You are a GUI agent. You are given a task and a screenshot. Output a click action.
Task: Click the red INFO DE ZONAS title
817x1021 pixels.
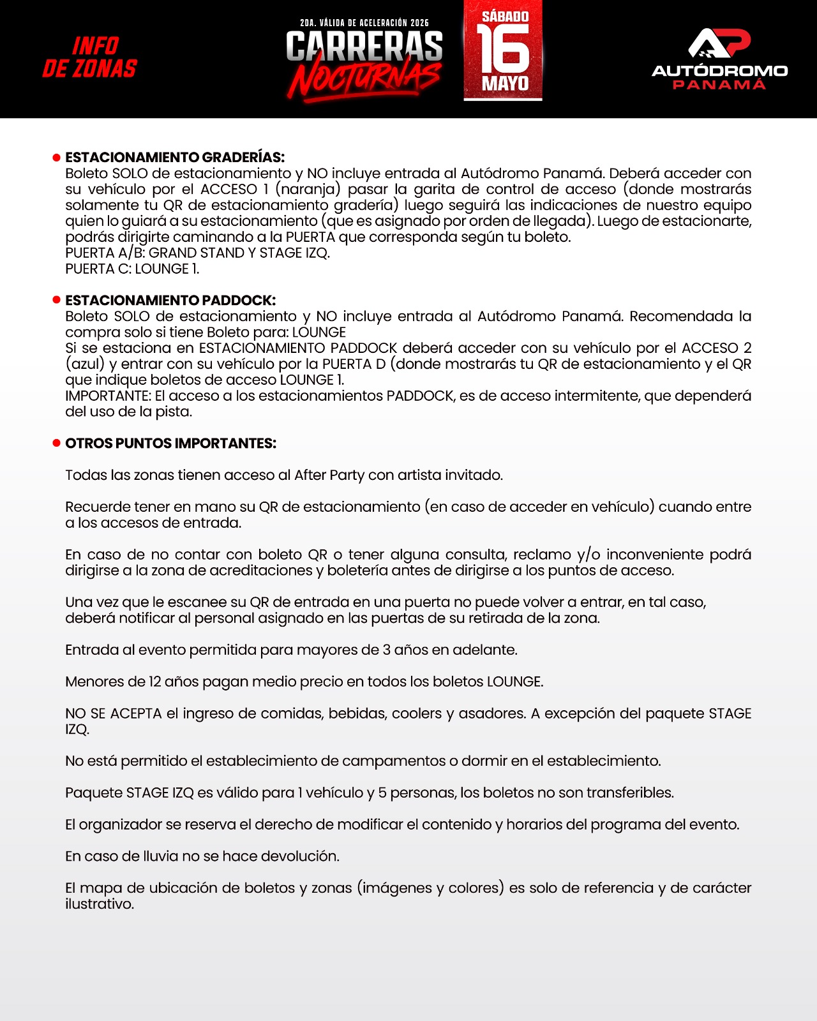pos(90,57)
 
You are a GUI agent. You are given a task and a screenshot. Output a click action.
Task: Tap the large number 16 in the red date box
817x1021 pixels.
pos(503,49)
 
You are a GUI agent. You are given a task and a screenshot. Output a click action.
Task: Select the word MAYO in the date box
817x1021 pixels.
pos(505,84)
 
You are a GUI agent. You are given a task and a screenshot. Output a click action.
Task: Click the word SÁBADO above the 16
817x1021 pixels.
pos(505,17)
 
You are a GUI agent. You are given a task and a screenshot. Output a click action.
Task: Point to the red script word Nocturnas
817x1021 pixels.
pos(364,80)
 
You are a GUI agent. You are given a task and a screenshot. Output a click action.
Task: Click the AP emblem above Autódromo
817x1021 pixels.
pos(719,43)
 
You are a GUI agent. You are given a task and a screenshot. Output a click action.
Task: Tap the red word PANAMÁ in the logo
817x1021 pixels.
pos(719,85)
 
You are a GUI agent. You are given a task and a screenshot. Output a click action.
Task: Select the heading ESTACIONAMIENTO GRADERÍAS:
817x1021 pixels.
pos(175,157)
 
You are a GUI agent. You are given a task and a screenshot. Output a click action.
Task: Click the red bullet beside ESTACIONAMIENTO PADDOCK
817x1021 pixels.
pos(56,300)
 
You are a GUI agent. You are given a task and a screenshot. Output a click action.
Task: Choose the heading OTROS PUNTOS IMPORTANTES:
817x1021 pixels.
pos(170,443)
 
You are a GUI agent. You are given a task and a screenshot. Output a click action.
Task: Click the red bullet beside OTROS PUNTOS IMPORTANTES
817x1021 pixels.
pos(56,443)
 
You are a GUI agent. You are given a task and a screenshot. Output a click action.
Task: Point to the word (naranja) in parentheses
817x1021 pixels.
pos(308,190)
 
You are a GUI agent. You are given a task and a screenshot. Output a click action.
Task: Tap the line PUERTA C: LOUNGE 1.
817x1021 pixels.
pos(132,269)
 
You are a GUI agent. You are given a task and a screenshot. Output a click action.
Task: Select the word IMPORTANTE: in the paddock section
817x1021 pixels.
pos(108,396)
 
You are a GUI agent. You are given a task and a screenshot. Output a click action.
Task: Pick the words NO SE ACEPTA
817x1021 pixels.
pos(113,713)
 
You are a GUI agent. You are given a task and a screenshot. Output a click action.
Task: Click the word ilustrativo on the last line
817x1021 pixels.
pos(99,904)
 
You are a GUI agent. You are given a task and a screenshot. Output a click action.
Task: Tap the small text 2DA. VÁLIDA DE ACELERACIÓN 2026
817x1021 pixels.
pos(364,23)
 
